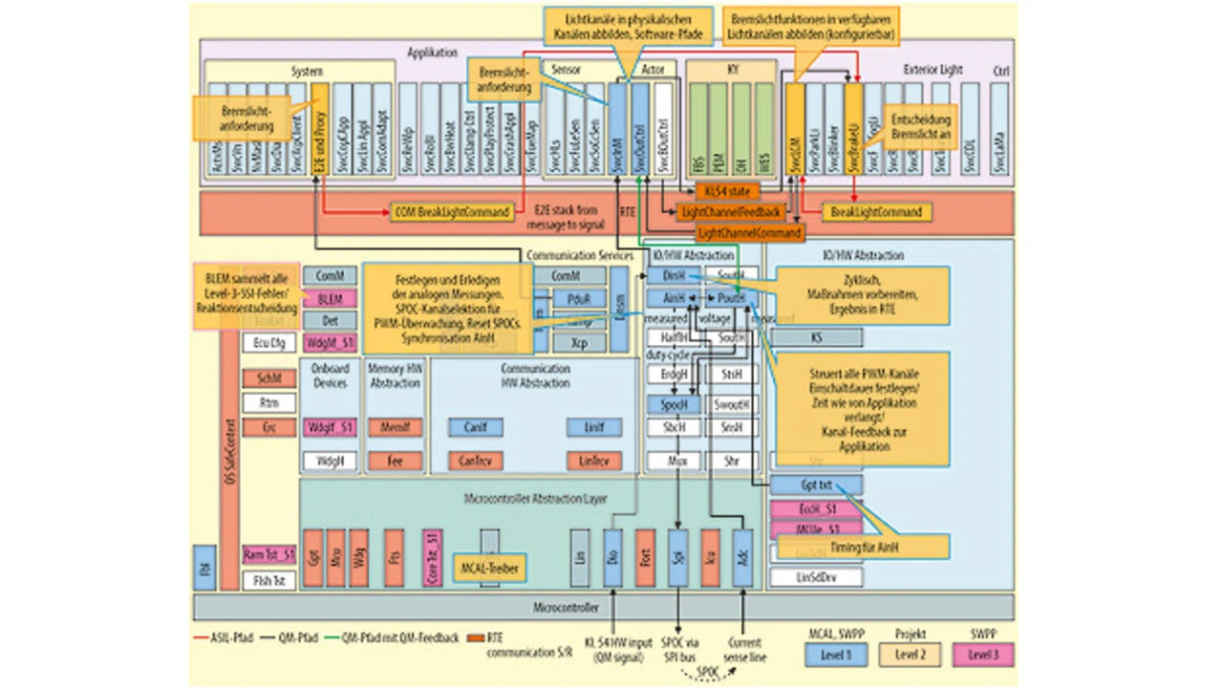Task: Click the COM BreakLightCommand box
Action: pyautogui.click(x=452, y=212)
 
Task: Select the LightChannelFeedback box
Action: pyautogui.click(x=730, y=212)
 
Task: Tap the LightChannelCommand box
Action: pyautogui.click(x=750, y=232)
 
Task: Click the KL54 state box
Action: pyautogui.click(x=727, y=192)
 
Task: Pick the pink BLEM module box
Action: pyautogui.click(x=330, y=299)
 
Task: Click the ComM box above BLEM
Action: pyautogui.click(x=330, y=276)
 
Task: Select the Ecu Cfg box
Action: pyautogui.click(x=269, y=343)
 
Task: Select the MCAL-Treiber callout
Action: pyautogui.click(x=489, y=566)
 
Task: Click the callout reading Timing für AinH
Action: pyautogui.click(x=863, y=547)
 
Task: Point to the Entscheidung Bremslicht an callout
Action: pyautogui.click(x=916, y=128)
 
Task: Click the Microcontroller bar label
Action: pyautogui.click(x=566, y=607)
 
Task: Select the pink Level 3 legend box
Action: pyautogui.click(x=983, y=655)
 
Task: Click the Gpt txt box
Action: pyautogui.click(x=816, y=485)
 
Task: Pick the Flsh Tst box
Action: pyautogui.click(x=269, y=580)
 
